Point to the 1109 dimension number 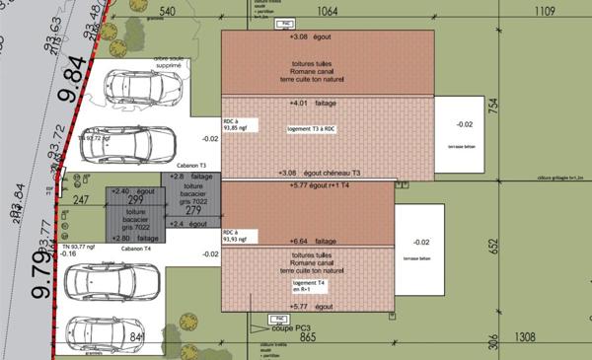click(545, 12)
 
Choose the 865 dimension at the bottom click(306, 337)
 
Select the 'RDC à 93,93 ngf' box click(240, 236)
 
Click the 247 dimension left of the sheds click(81, 199)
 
